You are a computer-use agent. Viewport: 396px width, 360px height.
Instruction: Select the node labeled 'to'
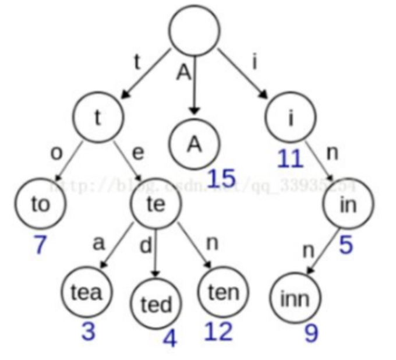tap(40, 205)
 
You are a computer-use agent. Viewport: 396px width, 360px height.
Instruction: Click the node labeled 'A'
tap(195, 144)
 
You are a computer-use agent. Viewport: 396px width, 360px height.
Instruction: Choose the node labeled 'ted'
tap(156, 303)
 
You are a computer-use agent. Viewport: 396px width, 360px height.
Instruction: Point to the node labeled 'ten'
tap(223, 291)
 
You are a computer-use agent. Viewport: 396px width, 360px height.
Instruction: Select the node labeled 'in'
tap(348, 204)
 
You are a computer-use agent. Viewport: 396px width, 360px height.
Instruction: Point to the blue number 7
tap(40, 245)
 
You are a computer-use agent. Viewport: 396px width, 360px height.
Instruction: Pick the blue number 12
tap(218, 331)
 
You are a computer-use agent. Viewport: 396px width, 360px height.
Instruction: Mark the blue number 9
tap(311, 333)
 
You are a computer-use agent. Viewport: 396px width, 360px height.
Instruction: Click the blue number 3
tap(88, 331)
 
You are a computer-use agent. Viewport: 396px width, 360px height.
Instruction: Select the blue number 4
tap(169, 338)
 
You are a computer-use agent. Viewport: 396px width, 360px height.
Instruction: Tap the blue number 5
tap(346, 245)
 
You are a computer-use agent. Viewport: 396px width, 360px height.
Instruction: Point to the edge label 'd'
tap(147, 246)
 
